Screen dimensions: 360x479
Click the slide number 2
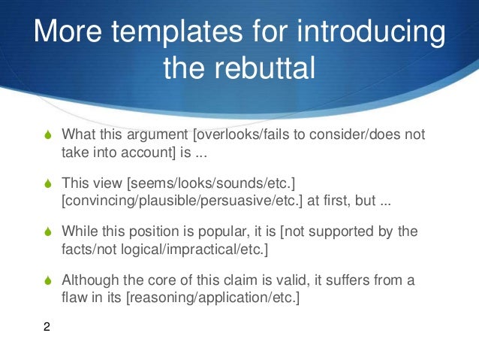click(47, 327)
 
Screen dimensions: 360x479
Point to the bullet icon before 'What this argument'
click(47, 135)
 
